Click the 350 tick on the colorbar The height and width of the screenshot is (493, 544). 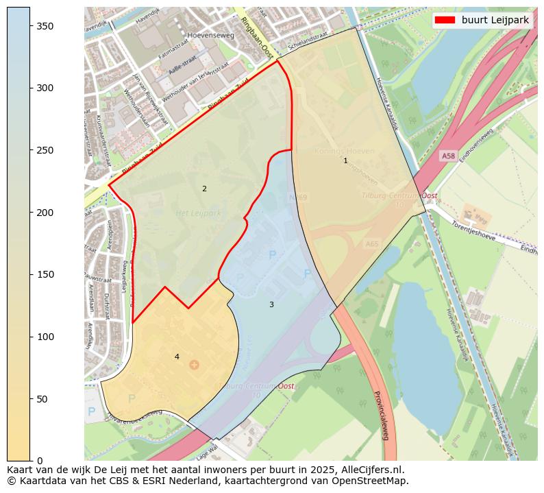[30, 25]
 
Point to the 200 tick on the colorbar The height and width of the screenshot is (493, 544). [30, 212]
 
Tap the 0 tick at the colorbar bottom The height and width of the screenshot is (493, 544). [30, 460]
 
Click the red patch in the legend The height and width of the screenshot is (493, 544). [445, 20]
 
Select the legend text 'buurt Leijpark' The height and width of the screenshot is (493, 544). [495, 20]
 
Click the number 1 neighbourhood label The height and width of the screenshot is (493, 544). [345, 160]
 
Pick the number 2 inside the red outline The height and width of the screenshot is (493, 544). [204, 189]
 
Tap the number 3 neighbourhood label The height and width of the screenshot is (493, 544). [271, 304]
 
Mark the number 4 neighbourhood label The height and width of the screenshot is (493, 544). [177, 357]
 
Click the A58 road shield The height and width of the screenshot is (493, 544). [448, 156]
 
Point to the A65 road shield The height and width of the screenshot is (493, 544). [372, 243]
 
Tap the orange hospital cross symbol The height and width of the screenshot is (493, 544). [194, 364]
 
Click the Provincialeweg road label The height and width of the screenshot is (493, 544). [381, 415]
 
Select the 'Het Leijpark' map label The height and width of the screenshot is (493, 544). [198, 214]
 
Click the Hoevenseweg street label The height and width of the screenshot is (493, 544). [210, 35]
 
